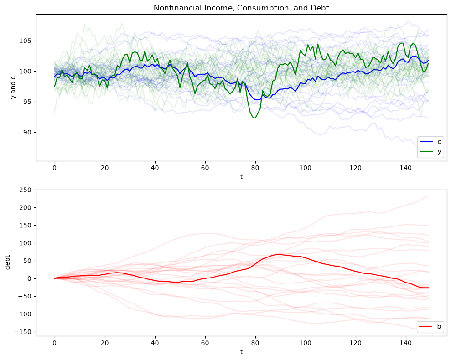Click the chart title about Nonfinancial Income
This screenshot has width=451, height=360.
(241, 8)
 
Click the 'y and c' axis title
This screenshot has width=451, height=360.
(13, 87)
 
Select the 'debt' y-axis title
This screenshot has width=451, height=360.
(7, 262)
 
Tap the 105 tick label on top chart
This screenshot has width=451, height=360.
(26, 41)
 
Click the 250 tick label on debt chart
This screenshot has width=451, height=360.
(26, 190)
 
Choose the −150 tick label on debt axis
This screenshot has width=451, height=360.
(23, 332)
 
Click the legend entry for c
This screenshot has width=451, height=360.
(430, 142)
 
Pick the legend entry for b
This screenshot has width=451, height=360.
(430, 326)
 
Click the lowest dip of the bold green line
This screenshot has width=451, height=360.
(255, 118)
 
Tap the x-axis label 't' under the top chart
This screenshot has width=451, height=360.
(241, 176)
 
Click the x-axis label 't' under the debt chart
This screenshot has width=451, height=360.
(241, 351)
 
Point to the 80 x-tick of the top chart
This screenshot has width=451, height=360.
(255, 168)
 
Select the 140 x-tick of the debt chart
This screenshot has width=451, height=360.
(406, 343)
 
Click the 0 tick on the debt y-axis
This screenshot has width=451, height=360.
(30, 278)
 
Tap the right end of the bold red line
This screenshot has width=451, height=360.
(428, 288)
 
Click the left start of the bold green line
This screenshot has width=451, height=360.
(55, 86)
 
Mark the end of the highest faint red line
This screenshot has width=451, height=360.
(428, 196)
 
